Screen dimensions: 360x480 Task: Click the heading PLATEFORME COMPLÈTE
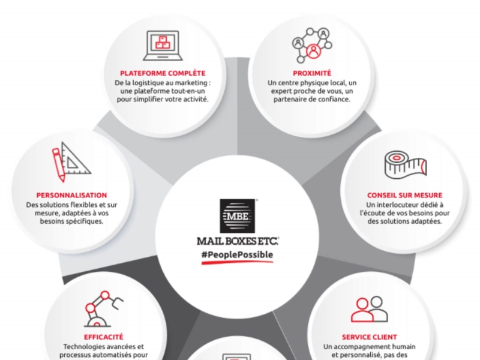163,73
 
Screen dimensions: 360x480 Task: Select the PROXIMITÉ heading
311,73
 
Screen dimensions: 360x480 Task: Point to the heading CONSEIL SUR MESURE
404,195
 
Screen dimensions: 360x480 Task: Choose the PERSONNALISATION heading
71,195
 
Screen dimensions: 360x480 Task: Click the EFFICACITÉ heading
103,337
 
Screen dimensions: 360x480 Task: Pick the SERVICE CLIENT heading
369,337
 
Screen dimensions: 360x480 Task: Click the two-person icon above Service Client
369,309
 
